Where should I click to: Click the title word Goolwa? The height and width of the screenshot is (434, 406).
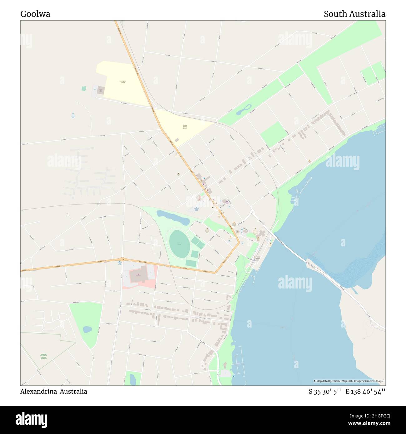pyautogui.click(x=35, y=14)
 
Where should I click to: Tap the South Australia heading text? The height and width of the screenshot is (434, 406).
pyautogui.click(x=354, y=14)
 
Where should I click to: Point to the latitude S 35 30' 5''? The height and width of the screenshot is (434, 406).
pyautogui.click(x=325, y=392)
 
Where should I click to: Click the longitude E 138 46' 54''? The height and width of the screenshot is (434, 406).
pyautogui.click(x=365, y=392)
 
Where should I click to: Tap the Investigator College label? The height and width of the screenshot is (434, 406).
pyautogui.click(x=122, y=82)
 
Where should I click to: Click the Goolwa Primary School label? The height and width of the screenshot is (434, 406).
pyautogui.click(x=185, y=126)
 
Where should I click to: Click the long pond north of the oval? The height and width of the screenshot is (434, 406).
pyautogui.click(x=173, y=217)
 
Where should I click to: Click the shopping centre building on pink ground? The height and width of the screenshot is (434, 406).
pyautogui.click(x=139, y=275)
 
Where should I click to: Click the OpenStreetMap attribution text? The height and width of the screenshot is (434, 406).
pyautogui.click(x=349, y=381)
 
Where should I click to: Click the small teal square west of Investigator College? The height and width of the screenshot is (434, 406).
pyautogui.click(x=84, y=89)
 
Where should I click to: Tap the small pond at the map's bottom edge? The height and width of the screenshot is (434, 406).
pyautogui.click(x=133, y=379)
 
